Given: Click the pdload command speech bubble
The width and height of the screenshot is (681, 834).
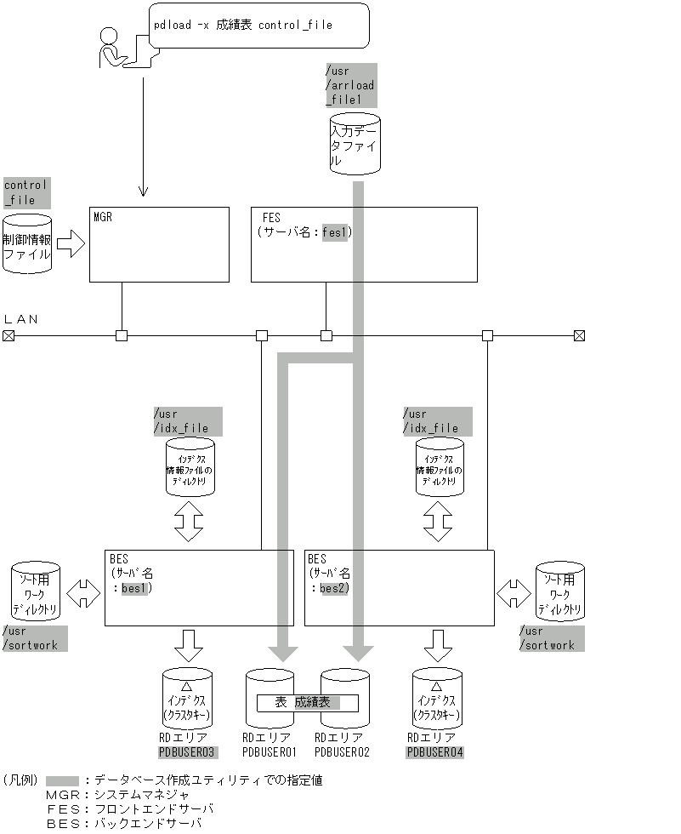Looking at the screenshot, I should coord(259,26).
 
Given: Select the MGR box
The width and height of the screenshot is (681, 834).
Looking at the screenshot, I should coord(159,244).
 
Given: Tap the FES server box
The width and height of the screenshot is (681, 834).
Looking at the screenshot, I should coord(364,244).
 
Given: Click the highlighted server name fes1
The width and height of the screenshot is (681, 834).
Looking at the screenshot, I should coord(335,231).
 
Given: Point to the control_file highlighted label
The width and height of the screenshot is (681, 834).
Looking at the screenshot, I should coord(26,192).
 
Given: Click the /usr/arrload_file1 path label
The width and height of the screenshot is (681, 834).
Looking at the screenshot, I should coord(350,85).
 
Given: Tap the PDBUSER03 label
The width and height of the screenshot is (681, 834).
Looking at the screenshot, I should coord(188,752).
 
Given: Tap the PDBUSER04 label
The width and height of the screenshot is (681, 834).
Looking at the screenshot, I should coord(435,752).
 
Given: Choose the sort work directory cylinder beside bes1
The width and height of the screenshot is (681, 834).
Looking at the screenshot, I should coord(36,592).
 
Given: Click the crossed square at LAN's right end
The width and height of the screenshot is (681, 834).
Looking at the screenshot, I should coord(579,335).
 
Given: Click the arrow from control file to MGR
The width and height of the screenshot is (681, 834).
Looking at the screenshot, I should coord(71,247).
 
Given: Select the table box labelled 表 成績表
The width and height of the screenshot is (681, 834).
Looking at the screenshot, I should coord(307,703).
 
